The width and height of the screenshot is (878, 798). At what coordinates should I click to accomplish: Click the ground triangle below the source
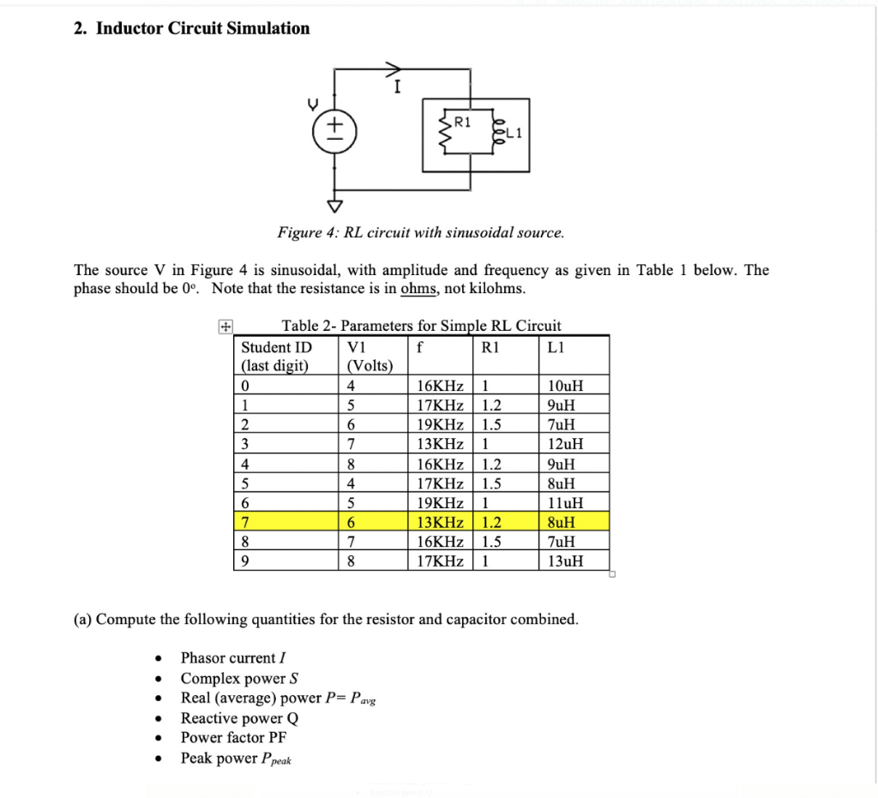click(335, 205)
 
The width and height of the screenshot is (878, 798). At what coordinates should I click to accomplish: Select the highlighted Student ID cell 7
click(245, 522)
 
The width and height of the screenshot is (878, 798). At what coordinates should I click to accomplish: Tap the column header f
click(420, 347)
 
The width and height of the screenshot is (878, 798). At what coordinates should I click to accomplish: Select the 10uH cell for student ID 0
click(565, 385)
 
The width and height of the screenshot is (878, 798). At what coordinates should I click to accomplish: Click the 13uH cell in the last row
click(565, 561)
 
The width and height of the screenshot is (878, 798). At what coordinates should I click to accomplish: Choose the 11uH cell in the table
click(565, 503)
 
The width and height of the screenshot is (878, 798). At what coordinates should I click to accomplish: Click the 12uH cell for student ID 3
click(565, 444)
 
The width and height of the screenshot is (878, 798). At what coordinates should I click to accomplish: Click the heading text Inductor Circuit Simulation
click(202, 28)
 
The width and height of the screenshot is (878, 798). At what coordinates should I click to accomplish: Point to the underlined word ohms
click(418, 289)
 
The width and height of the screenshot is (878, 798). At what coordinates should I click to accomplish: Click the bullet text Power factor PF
click(233, 738)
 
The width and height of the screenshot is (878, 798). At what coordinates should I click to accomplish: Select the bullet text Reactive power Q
click(239, 718)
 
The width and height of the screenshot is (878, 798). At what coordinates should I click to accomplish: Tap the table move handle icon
click(225, 326)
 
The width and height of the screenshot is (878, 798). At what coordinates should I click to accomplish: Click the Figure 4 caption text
click(420, 232)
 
